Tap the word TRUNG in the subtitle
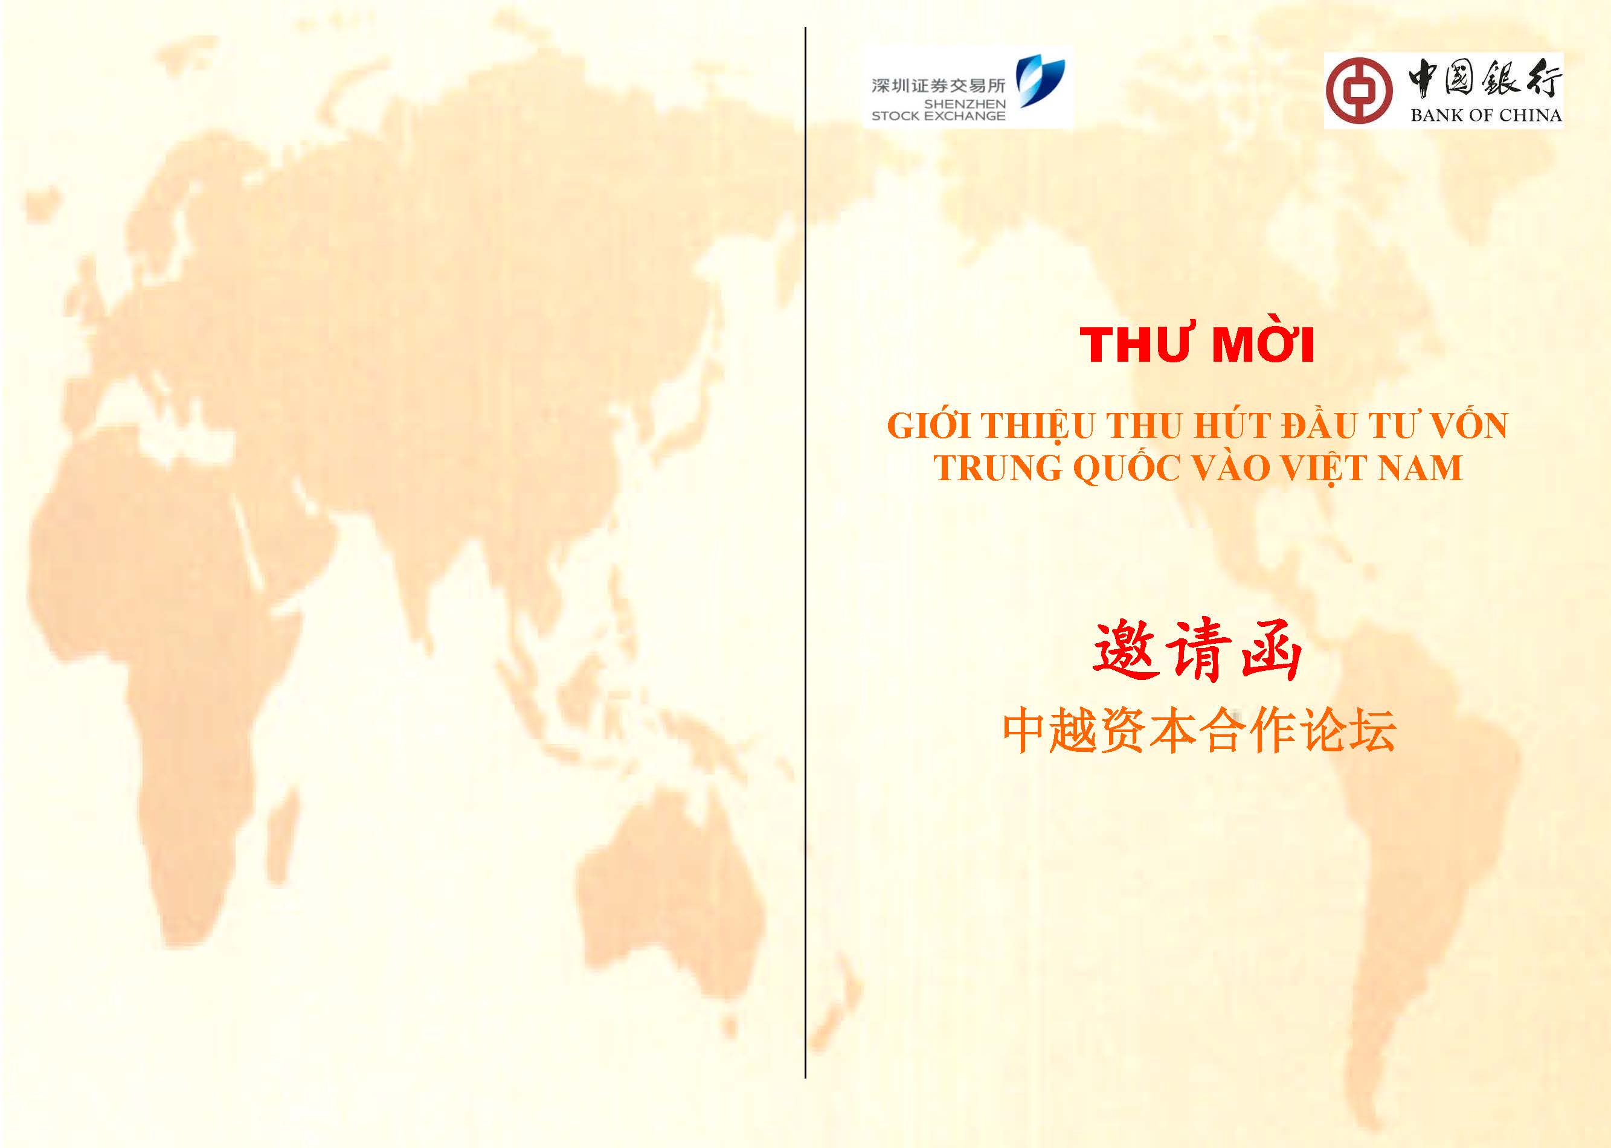click(998, 468)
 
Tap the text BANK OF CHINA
click(1486, 115)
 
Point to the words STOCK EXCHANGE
click(938, 116)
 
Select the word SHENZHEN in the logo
click(964, 104)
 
